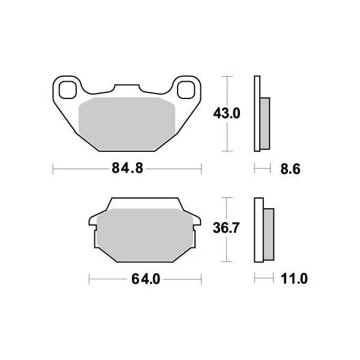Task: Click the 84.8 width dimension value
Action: click(x=127, y=169)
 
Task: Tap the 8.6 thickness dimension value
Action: click(x=289, y=169)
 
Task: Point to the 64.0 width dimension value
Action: click(x=144, y=279)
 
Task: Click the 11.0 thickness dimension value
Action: click(x=294, y=279)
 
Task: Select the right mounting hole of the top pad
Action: click(x=187, y=89)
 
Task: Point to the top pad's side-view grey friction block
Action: click(x=265, y=123)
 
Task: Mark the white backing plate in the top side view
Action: click(x=257, y=114)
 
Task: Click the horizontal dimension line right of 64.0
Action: click(x=183, y=279)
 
